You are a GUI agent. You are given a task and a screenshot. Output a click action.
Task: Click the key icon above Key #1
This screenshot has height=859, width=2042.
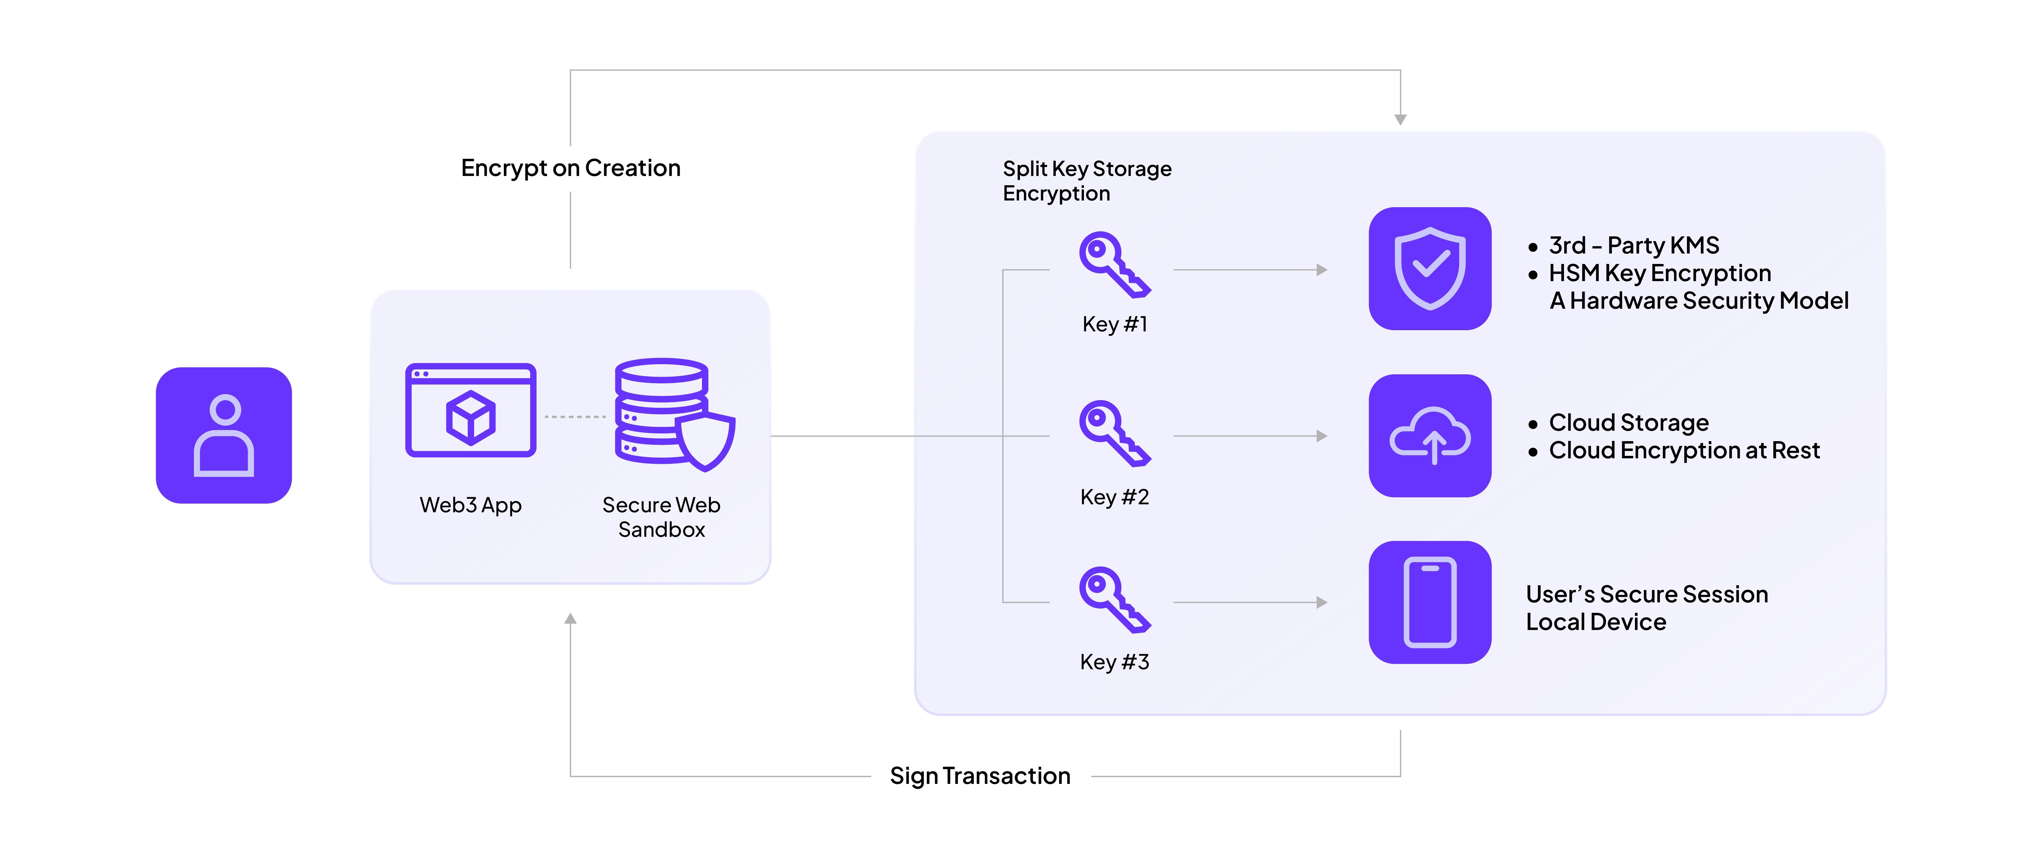pos(1113,264)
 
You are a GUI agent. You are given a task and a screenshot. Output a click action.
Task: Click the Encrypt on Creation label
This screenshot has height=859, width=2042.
pos(571,168)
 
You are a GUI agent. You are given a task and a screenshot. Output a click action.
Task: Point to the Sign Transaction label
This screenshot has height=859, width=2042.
pos(980,776)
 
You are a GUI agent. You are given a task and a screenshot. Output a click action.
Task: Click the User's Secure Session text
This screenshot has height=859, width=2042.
pos(1647,594)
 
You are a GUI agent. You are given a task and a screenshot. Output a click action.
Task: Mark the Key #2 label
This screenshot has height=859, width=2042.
pos(1114,497)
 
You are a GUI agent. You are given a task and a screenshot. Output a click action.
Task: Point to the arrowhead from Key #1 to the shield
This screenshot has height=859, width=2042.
pos(1321,270)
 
